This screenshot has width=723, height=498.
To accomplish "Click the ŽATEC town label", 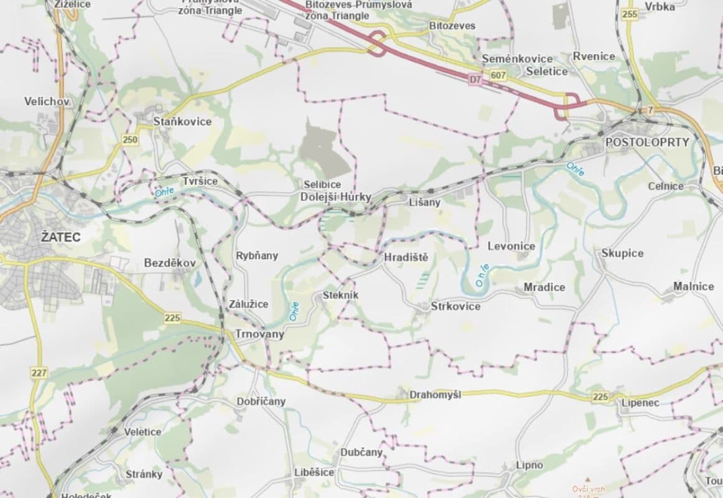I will [x=26, y=237].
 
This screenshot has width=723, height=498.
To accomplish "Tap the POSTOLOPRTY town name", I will [x=647, y=142].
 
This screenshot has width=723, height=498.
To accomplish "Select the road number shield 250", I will [x=130, y=140].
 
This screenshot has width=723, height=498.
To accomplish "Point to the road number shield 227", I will [x=39, y=372].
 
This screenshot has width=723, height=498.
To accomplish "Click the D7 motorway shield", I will [x=475, y=79].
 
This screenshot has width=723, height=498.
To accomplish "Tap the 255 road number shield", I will [x=630, y=14].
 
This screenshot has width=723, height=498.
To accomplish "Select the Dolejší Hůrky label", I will [x=335, y=197].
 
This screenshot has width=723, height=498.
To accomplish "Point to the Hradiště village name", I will [x=406, y=258].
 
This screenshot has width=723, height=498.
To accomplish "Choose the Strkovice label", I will [x=455, y=306].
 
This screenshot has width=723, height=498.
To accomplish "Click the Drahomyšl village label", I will [x=435, y=395].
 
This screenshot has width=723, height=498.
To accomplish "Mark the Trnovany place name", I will [x=259, y=334].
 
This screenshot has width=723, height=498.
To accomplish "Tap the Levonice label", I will [x=511, y=246].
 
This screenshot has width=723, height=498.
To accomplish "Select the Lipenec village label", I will [x=640, y=403].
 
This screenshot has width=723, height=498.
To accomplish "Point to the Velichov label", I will [x=47, y=101].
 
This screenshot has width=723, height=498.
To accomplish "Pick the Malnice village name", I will [x=693, y=286].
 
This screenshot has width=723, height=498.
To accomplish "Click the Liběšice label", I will [x=314, y=472].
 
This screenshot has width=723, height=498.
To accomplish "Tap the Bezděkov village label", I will [x=170, y=263].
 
